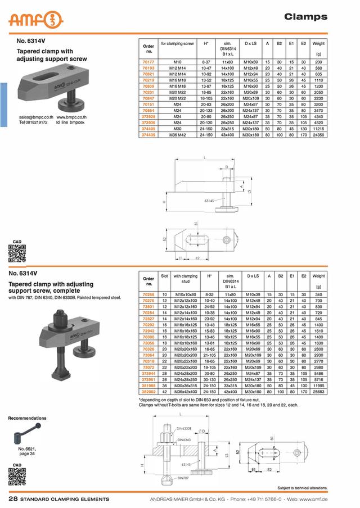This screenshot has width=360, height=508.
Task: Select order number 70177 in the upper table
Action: click(x=148, y=61)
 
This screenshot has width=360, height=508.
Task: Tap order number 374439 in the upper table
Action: click(x=148, y=135)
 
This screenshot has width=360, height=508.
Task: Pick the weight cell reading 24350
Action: click(x=318, y=135)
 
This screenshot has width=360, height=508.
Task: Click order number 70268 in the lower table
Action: click(x=148, y=294)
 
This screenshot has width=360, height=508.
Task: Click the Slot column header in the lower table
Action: click(x=165, y=276)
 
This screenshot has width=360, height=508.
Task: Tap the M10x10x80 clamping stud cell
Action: click(x=185, y=294)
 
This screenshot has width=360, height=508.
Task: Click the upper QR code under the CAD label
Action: click(x=17, y=255)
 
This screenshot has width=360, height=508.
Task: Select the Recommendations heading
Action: click(x=28, y=418)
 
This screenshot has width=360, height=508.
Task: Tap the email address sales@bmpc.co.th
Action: click(x=36, y=117)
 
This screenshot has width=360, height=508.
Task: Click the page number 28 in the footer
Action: click(x=12, y=499)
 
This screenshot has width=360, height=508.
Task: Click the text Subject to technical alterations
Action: click(x=303, y=488)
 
